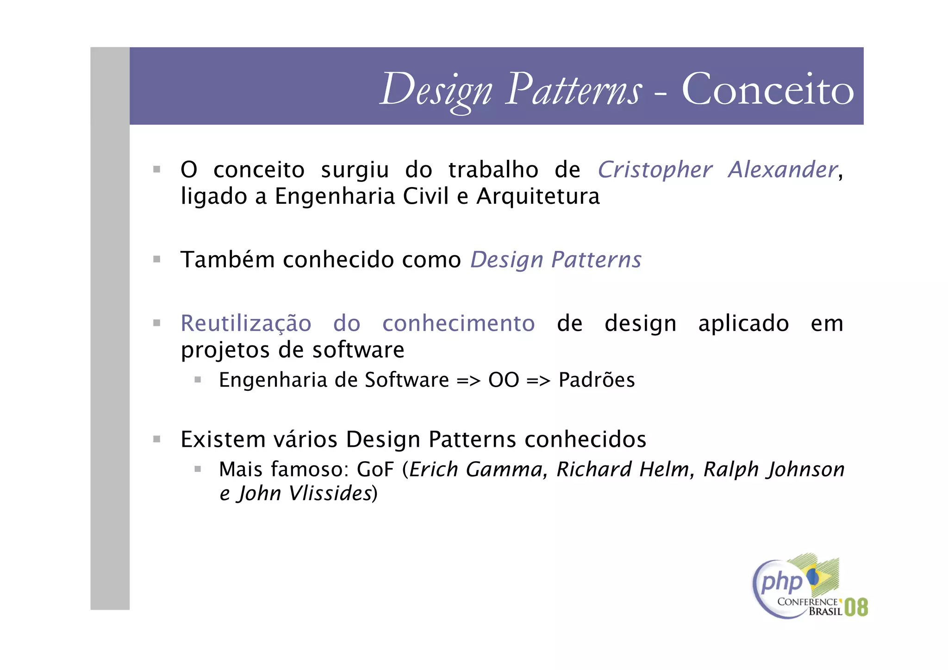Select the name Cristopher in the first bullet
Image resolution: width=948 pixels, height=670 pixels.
pos(655,169)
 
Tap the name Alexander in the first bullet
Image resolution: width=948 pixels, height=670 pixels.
pos(783,169)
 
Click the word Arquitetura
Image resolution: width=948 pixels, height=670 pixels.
pos(538,196)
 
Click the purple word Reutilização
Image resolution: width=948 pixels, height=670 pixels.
pos(246,323)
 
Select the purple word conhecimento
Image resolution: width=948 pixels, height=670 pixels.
pos(458,323)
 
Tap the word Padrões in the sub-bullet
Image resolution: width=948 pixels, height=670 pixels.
pos(597,380)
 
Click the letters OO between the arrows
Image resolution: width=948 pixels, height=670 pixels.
pos(504,380)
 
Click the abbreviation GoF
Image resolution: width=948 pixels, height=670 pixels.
pos(375,470)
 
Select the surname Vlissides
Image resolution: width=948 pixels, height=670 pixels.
pos(330,494)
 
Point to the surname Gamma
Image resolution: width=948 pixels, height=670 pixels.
pos(504,470)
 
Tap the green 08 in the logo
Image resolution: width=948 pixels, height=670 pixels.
pos(856,607)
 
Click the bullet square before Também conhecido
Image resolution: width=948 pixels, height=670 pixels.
pos(157,259)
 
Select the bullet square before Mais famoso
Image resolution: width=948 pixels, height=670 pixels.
pos(198,469)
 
